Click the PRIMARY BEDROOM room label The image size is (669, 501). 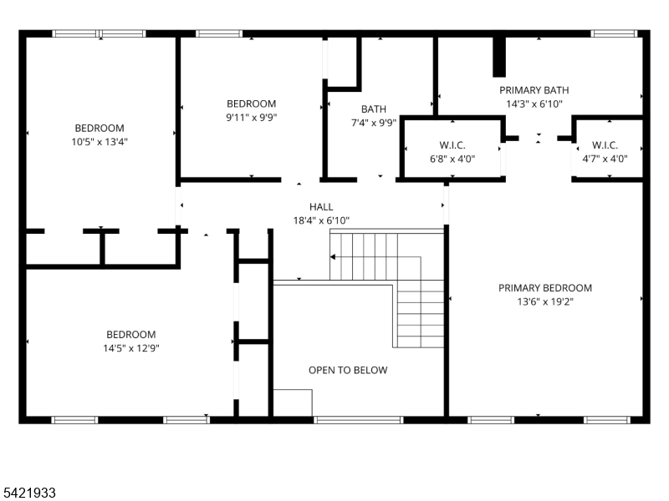click(x=545, y=288)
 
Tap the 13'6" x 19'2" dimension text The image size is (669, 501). click(x=545, y=301)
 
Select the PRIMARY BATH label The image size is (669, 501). click(x=534, y=90)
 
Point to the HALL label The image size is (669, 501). click(x=321, y=207)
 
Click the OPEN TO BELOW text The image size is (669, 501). click(x=348, y=370)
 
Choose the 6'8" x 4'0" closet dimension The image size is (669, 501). click(x=452, y=159)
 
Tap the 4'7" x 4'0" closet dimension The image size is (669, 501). click(x=605, y=159)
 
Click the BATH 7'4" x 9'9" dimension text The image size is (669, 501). click(x=374, y=123)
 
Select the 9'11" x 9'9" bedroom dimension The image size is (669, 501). click(x=252, y=118)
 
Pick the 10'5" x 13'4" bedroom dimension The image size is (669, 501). click(x=100, y=142)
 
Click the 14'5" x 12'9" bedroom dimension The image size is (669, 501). click(x=131, y=348)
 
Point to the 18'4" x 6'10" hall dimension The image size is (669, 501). click(x=321, y=220)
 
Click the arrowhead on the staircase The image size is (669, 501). click(x=333, y=257)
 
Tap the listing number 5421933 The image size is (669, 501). click(x=28, y=493)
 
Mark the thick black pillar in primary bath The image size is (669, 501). click(x=499, y=57)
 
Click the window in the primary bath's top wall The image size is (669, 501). click(x=614, y=33)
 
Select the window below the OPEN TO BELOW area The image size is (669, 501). click(x=359, y=420)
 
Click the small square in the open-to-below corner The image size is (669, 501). click(x=293, y=402)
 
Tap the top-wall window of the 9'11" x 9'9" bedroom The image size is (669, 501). click(x=219, y=33)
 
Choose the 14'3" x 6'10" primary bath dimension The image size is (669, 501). click(x=534, y=104)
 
